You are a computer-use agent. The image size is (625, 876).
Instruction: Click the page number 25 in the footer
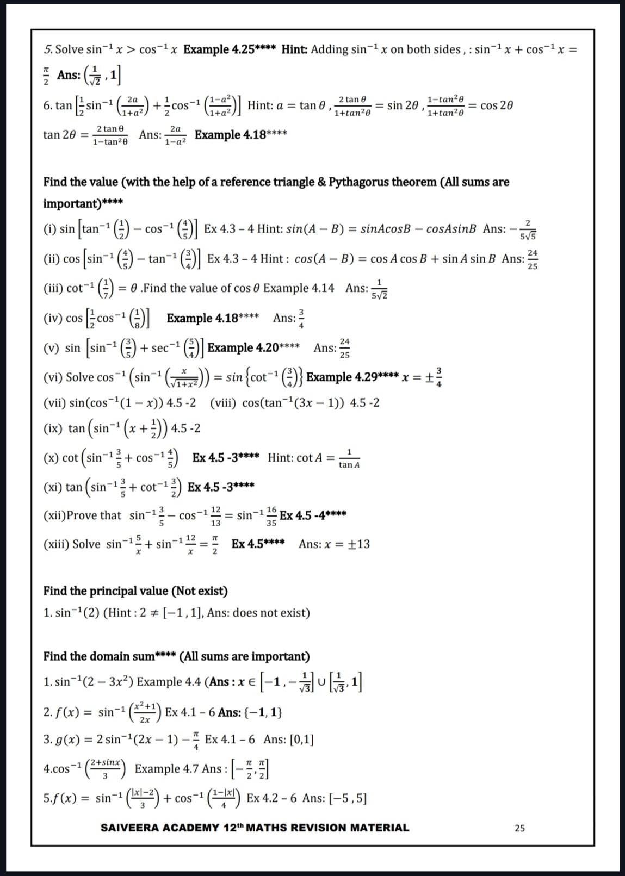click(x=519, y=828)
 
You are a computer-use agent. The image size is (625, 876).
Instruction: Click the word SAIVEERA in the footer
click(x=129, y=828)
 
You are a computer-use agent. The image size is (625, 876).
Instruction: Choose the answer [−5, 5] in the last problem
click(x=348, y=798)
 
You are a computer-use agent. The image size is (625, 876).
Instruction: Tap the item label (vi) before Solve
click(x=53, y=377)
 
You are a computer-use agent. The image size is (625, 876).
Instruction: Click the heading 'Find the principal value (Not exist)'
click(x=135, y=591)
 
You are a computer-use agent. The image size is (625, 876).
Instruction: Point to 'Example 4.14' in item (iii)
click(x=299, y=288)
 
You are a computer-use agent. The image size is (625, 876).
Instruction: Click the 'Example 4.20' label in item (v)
click(x=243, y=348)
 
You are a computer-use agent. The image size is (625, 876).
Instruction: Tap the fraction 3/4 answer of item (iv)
click(x=301, y=319)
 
